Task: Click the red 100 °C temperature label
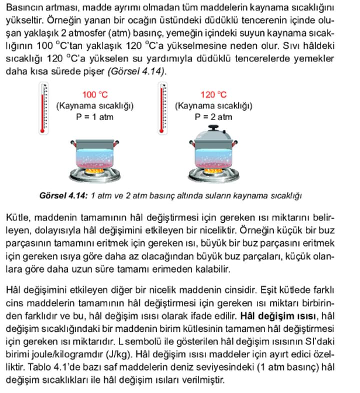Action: tap(95, 94)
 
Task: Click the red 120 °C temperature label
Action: tap(213, 94)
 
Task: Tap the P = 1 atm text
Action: tap(95, 117)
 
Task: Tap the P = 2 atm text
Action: tap(213, 117)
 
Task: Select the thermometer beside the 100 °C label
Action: tap(44, 109)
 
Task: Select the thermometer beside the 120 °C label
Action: tap(162, 109)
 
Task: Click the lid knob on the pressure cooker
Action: tap(213, 128)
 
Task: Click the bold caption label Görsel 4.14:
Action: tap(64, 195)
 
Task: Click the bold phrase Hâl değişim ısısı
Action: tap(279, 316)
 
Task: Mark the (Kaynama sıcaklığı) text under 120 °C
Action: tap(213, 105)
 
